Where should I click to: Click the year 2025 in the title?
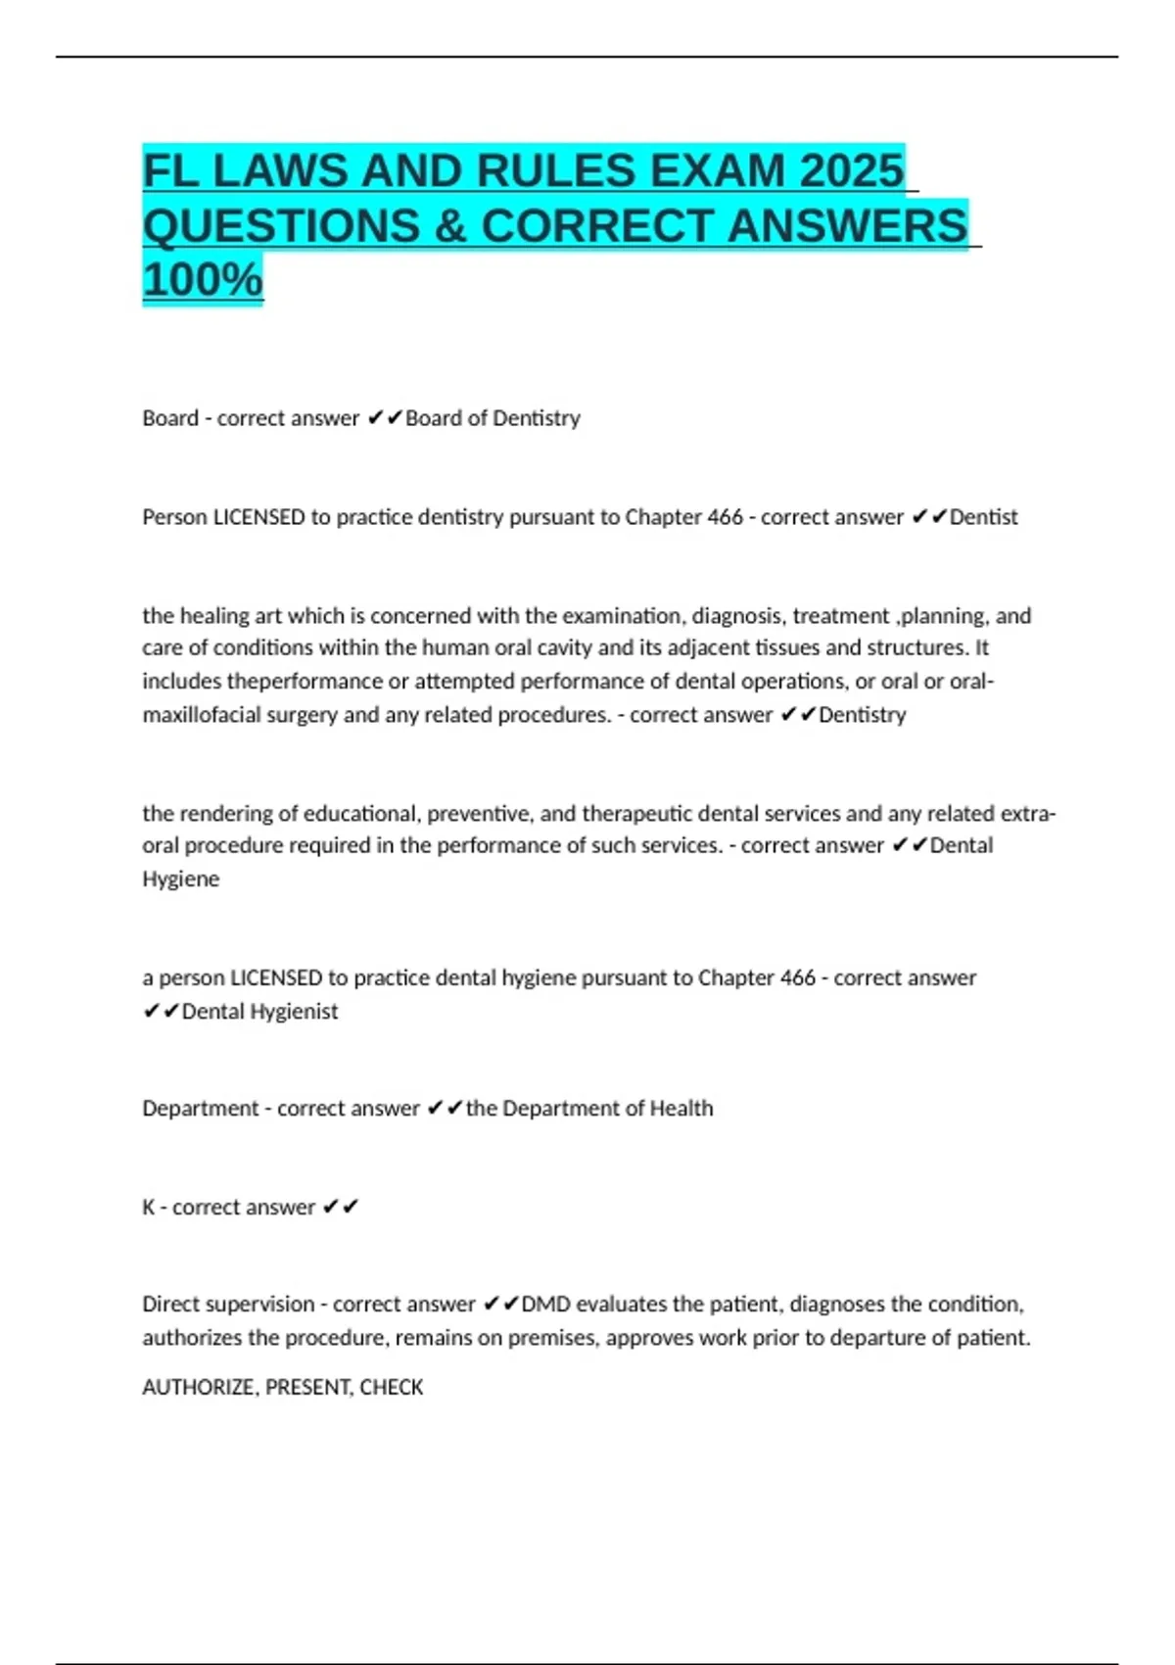tap(851, 171)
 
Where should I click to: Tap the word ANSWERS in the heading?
tap(847, 226)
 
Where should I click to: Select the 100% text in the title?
tap(203, 279)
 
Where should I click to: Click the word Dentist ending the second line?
tap(983, 517)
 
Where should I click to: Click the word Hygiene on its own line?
tap(181, 880)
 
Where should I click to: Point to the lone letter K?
tap(149, 1208)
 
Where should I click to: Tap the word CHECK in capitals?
tap(392, 1388)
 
